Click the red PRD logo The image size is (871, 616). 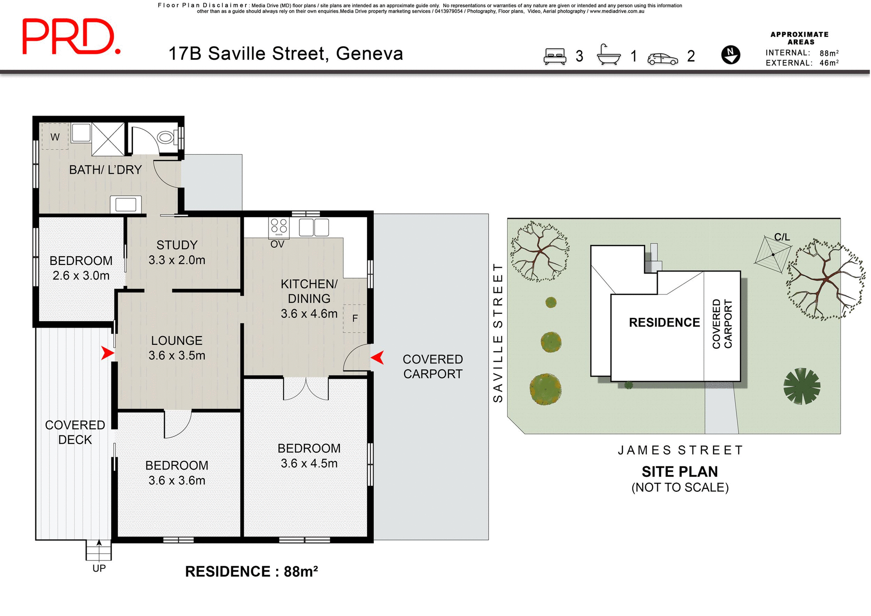pyautogui.click(x=71, y=37)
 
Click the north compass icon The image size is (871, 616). pyautogui.click(x=730, y=55)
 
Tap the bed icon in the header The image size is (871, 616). pyautogui.click(x=555, y=56)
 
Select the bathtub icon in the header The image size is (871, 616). pyautogui.click(x=608, y=55)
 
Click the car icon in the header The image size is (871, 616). pyautogui.click(x=662, y=59)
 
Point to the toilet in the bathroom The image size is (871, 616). pyautogui.click(x=166, y=137)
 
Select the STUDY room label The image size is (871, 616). pyautogui.click(x=177, y=245)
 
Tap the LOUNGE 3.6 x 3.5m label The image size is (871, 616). pyautogui.click(x=177, y=348)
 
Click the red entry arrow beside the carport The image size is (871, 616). pyautogui.click(x=377, y=357)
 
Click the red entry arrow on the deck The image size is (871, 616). pyautogui.click(x=107, y=353)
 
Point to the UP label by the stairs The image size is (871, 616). pyautogui.click(x=99, y=568)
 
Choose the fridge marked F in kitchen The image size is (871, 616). pyautogui.click(x=354, y=318)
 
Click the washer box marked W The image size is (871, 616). pyautogui.click(x=55, y=137)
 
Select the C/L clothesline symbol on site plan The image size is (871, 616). pyautogui.click(x=773, y=254)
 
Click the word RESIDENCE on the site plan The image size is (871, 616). pyautogui.click(x=664, y=323)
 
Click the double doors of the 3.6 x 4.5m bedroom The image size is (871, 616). pyautogui.click(x=306, y=389)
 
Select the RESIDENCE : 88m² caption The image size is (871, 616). pyautogui.click(x=251, y=572)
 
